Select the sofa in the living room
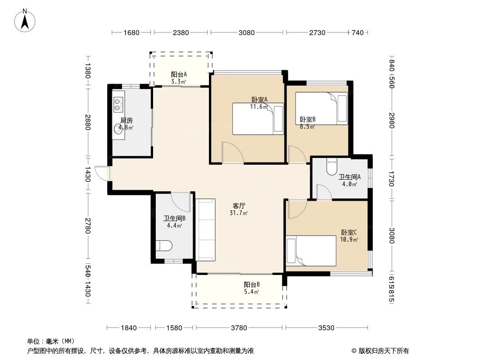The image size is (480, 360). click(206, 229)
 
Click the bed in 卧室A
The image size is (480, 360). click(258, 119)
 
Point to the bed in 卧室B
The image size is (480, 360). click(321, 108)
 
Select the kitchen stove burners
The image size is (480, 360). click(118, 104)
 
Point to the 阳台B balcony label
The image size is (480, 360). click(252, 285)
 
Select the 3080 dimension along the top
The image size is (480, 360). click(247, 32)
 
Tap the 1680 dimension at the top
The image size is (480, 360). click(131, 32)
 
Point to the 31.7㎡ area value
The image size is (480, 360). click(239, 213)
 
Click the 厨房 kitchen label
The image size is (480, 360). click(127, 121)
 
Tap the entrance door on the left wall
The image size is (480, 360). click(103, 173)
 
